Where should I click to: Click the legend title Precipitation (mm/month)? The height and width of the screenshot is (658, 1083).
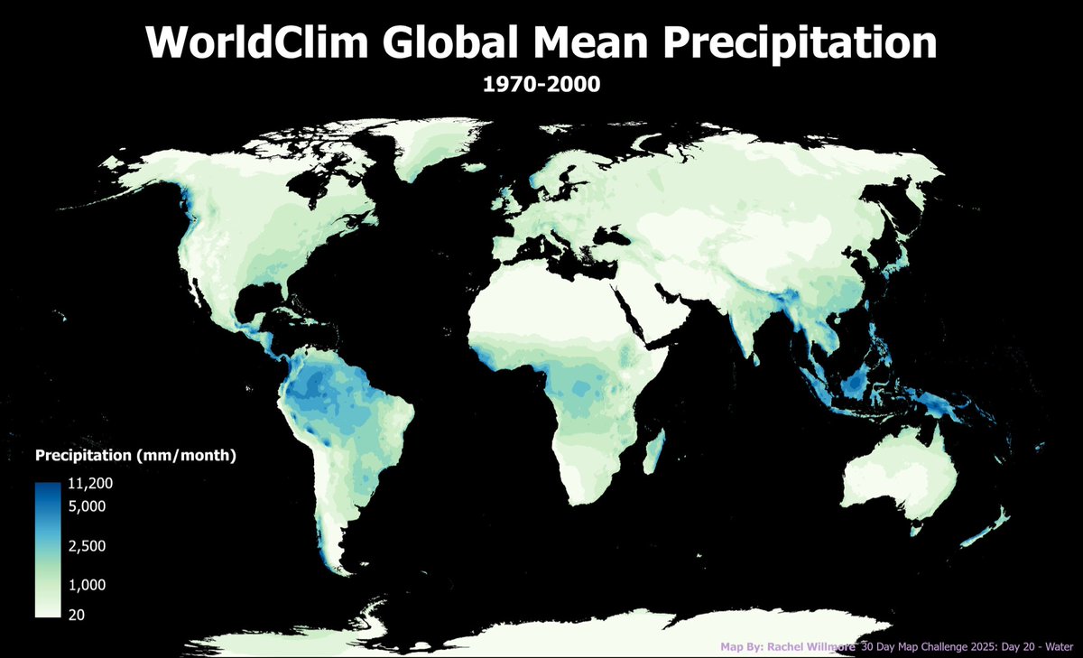(135, 456)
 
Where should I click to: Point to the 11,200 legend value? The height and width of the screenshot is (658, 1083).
(89, 486)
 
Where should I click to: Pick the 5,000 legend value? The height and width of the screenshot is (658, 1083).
(87, 506)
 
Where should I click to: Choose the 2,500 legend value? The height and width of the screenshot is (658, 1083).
(87, 546)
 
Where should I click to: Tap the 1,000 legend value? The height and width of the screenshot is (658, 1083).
(87, 585)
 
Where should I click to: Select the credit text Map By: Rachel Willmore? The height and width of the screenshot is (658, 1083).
(787, 647)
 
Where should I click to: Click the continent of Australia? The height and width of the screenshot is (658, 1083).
(902, 478)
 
